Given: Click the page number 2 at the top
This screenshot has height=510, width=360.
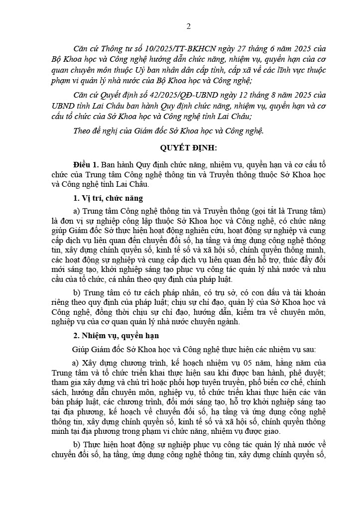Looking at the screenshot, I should point(188,26).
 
